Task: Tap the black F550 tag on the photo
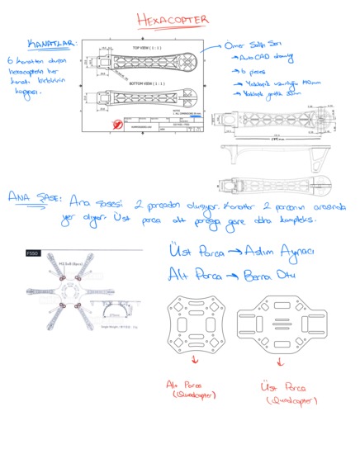(x=34, y=253)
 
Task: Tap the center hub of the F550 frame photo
(x=67, y=293)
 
